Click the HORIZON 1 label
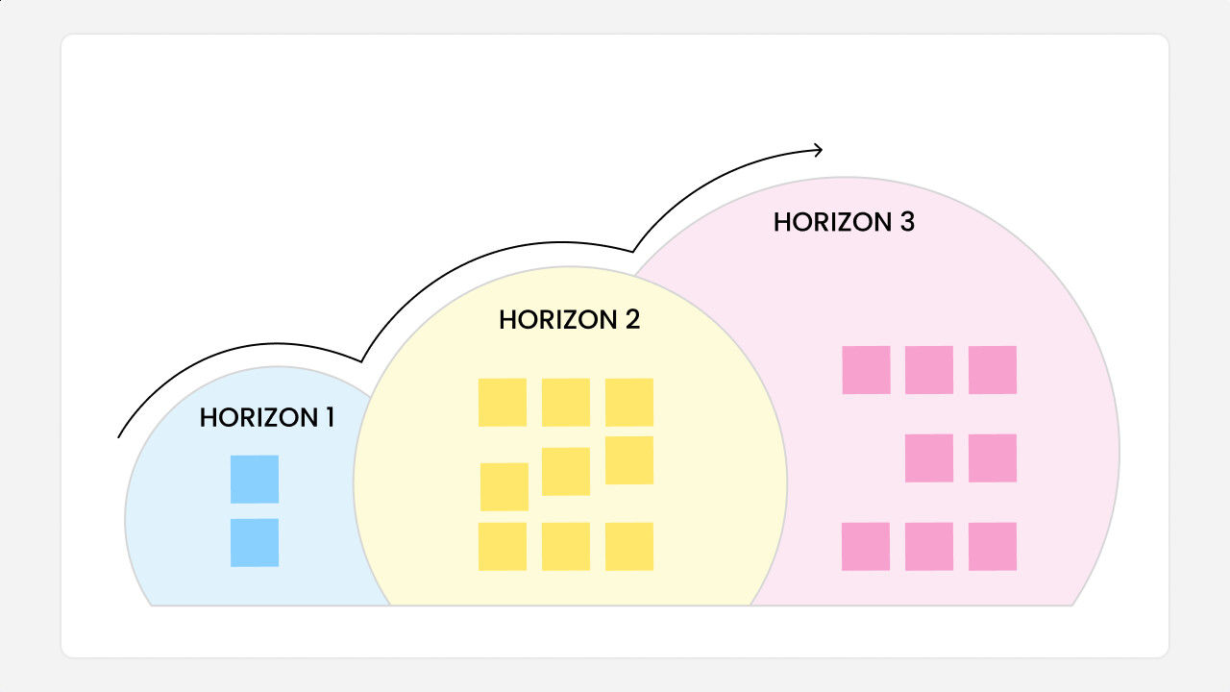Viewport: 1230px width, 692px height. [266, 418]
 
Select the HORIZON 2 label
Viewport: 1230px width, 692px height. [569, 320]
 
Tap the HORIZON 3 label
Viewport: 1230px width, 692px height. [844, 222]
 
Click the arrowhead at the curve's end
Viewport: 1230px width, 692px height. [818, 149]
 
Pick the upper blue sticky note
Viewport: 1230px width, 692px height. [255, 479]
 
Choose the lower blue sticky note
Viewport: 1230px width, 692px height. [255, 542]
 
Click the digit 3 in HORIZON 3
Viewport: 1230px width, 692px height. [907, 222]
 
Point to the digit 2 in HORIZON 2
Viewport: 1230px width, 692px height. [632, 320]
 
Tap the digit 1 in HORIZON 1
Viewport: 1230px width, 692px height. [329, 418]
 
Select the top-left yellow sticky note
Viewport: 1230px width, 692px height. [503, 403]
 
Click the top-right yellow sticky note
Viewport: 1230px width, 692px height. [629, 403]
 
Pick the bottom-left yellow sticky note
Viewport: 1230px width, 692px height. [503, 547]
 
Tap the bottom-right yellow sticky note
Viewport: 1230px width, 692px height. [629, 547]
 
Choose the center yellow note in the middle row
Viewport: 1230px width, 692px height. [566, 471]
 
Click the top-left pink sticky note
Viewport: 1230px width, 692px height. [866, 370]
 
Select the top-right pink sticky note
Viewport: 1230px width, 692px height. [993, 370]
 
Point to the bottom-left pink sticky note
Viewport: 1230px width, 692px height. [866, 547]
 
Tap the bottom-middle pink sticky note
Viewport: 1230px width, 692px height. [929, 547]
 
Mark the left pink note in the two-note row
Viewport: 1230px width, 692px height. [929, 458]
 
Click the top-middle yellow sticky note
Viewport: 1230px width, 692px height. [566, 403]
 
